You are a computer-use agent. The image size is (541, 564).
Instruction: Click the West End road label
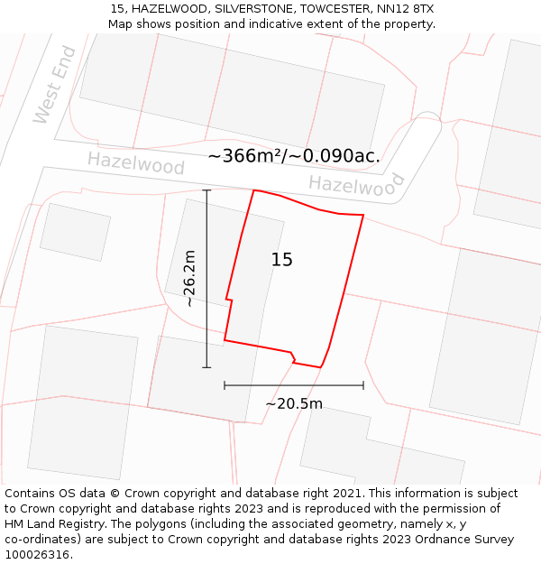55,85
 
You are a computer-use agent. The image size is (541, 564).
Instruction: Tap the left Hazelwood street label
136,163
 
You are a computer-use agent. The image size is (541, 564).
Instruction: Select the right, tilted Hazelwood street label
357,186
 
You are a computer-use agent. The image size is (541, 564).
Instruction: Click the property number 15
281,260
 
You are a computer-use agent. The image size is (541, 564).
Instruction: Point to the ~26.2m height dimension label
189,278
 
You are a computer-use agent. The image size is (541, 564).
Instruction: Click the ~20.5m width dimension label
293,403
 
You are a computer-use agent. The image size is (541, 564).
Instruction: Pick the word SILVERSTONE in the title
253,9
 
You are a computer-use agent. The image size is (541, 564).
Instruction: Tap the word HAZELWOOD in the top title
169,9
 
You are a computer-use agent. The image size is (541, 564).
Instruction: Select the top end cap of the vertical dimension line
206,190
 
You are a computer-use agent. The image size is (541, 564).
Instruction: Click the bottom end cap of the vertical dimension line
206,367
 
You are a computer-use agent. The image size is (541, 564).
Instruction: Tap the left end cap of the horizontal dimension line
225,385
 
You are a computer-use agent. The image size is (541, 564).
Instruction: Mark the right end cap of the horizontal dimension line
363,385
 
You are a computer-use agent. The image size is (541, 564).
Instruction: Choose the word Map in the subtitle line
122,24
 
